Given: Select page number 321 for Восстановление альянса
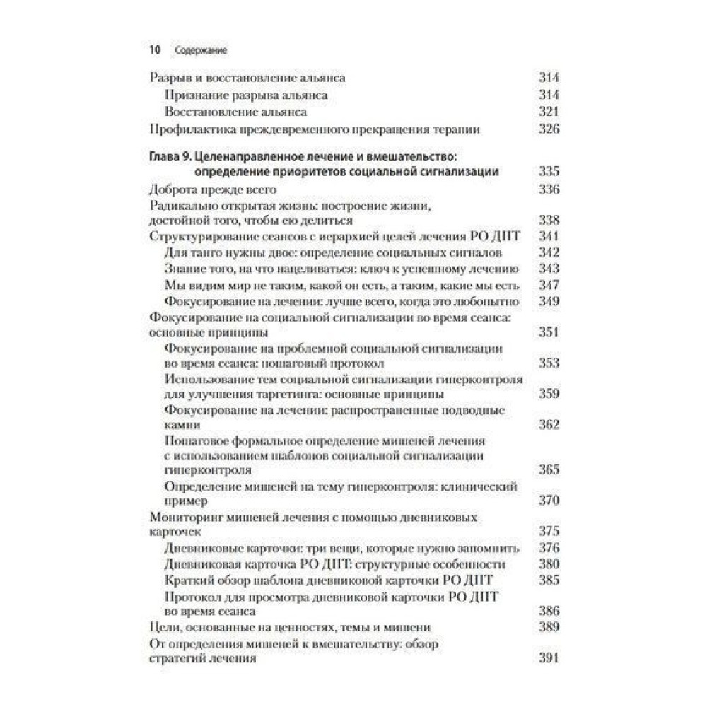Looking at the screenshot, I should (549, 112).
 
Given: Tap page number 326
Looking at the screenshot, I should (549, 129).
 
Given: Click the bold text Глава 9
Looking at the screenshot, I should (170, 156).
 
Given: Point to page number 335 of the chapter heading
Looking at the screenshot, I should (549, 172).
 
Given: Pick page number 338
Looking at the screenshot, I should (549, 220).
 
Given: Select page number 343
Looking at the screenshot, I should (549, 269).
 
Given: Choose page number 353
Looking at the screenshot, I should (549, 363).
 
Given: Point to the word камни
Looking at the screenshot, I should (181, 426).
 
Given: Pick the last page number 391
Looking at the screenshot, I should (549, 658).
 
